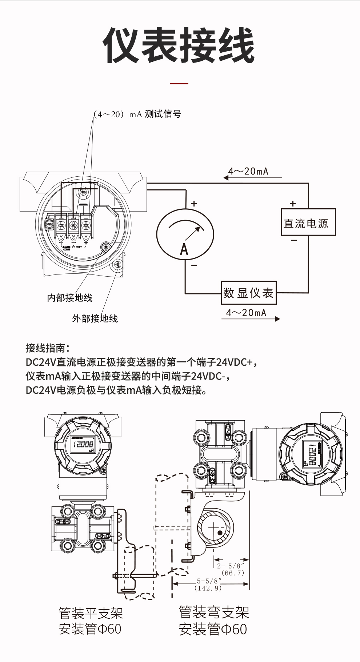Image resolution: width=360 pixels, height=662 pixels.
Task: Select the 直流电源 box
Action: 308,222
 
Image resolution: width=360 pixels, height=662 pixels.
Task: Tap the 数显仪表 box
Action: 249,293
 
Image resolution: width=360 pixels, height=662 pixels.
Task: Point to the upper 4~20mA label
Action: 248,171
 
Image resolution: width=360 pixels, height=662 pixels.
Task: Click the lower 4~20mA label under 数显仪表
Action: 246,313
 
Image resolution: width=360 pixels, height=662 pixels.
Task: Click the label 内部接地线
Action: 70,298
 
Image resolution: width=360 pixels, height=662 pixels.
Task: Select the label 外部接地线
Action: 95,318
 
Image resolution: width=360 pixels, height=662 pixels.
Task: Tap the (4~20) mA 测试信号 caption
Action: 137,114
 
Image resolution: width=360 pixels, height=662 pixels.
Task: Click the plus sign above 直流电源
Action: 293,204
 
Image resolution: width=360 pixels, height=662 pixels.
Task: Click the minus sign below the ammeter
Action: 194,266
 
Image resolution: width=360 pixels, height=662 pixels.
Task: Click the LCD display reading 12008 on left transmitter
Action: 84,444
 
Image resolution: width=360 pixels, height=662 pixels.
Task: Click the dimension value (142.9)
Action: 208,588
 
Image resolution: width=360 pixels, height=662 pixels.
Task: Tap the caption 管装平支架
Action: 91,613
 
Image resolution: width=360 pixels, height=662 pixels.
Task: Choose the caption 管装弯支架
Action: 214,612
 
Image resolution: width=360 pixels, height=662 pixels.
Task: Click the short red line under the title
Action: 179,84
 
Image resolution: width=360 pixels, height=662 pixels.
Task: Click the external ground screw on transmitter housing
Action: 117,265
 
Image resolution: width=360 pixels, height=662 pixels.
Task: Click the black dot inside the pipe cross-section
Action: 220,533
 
